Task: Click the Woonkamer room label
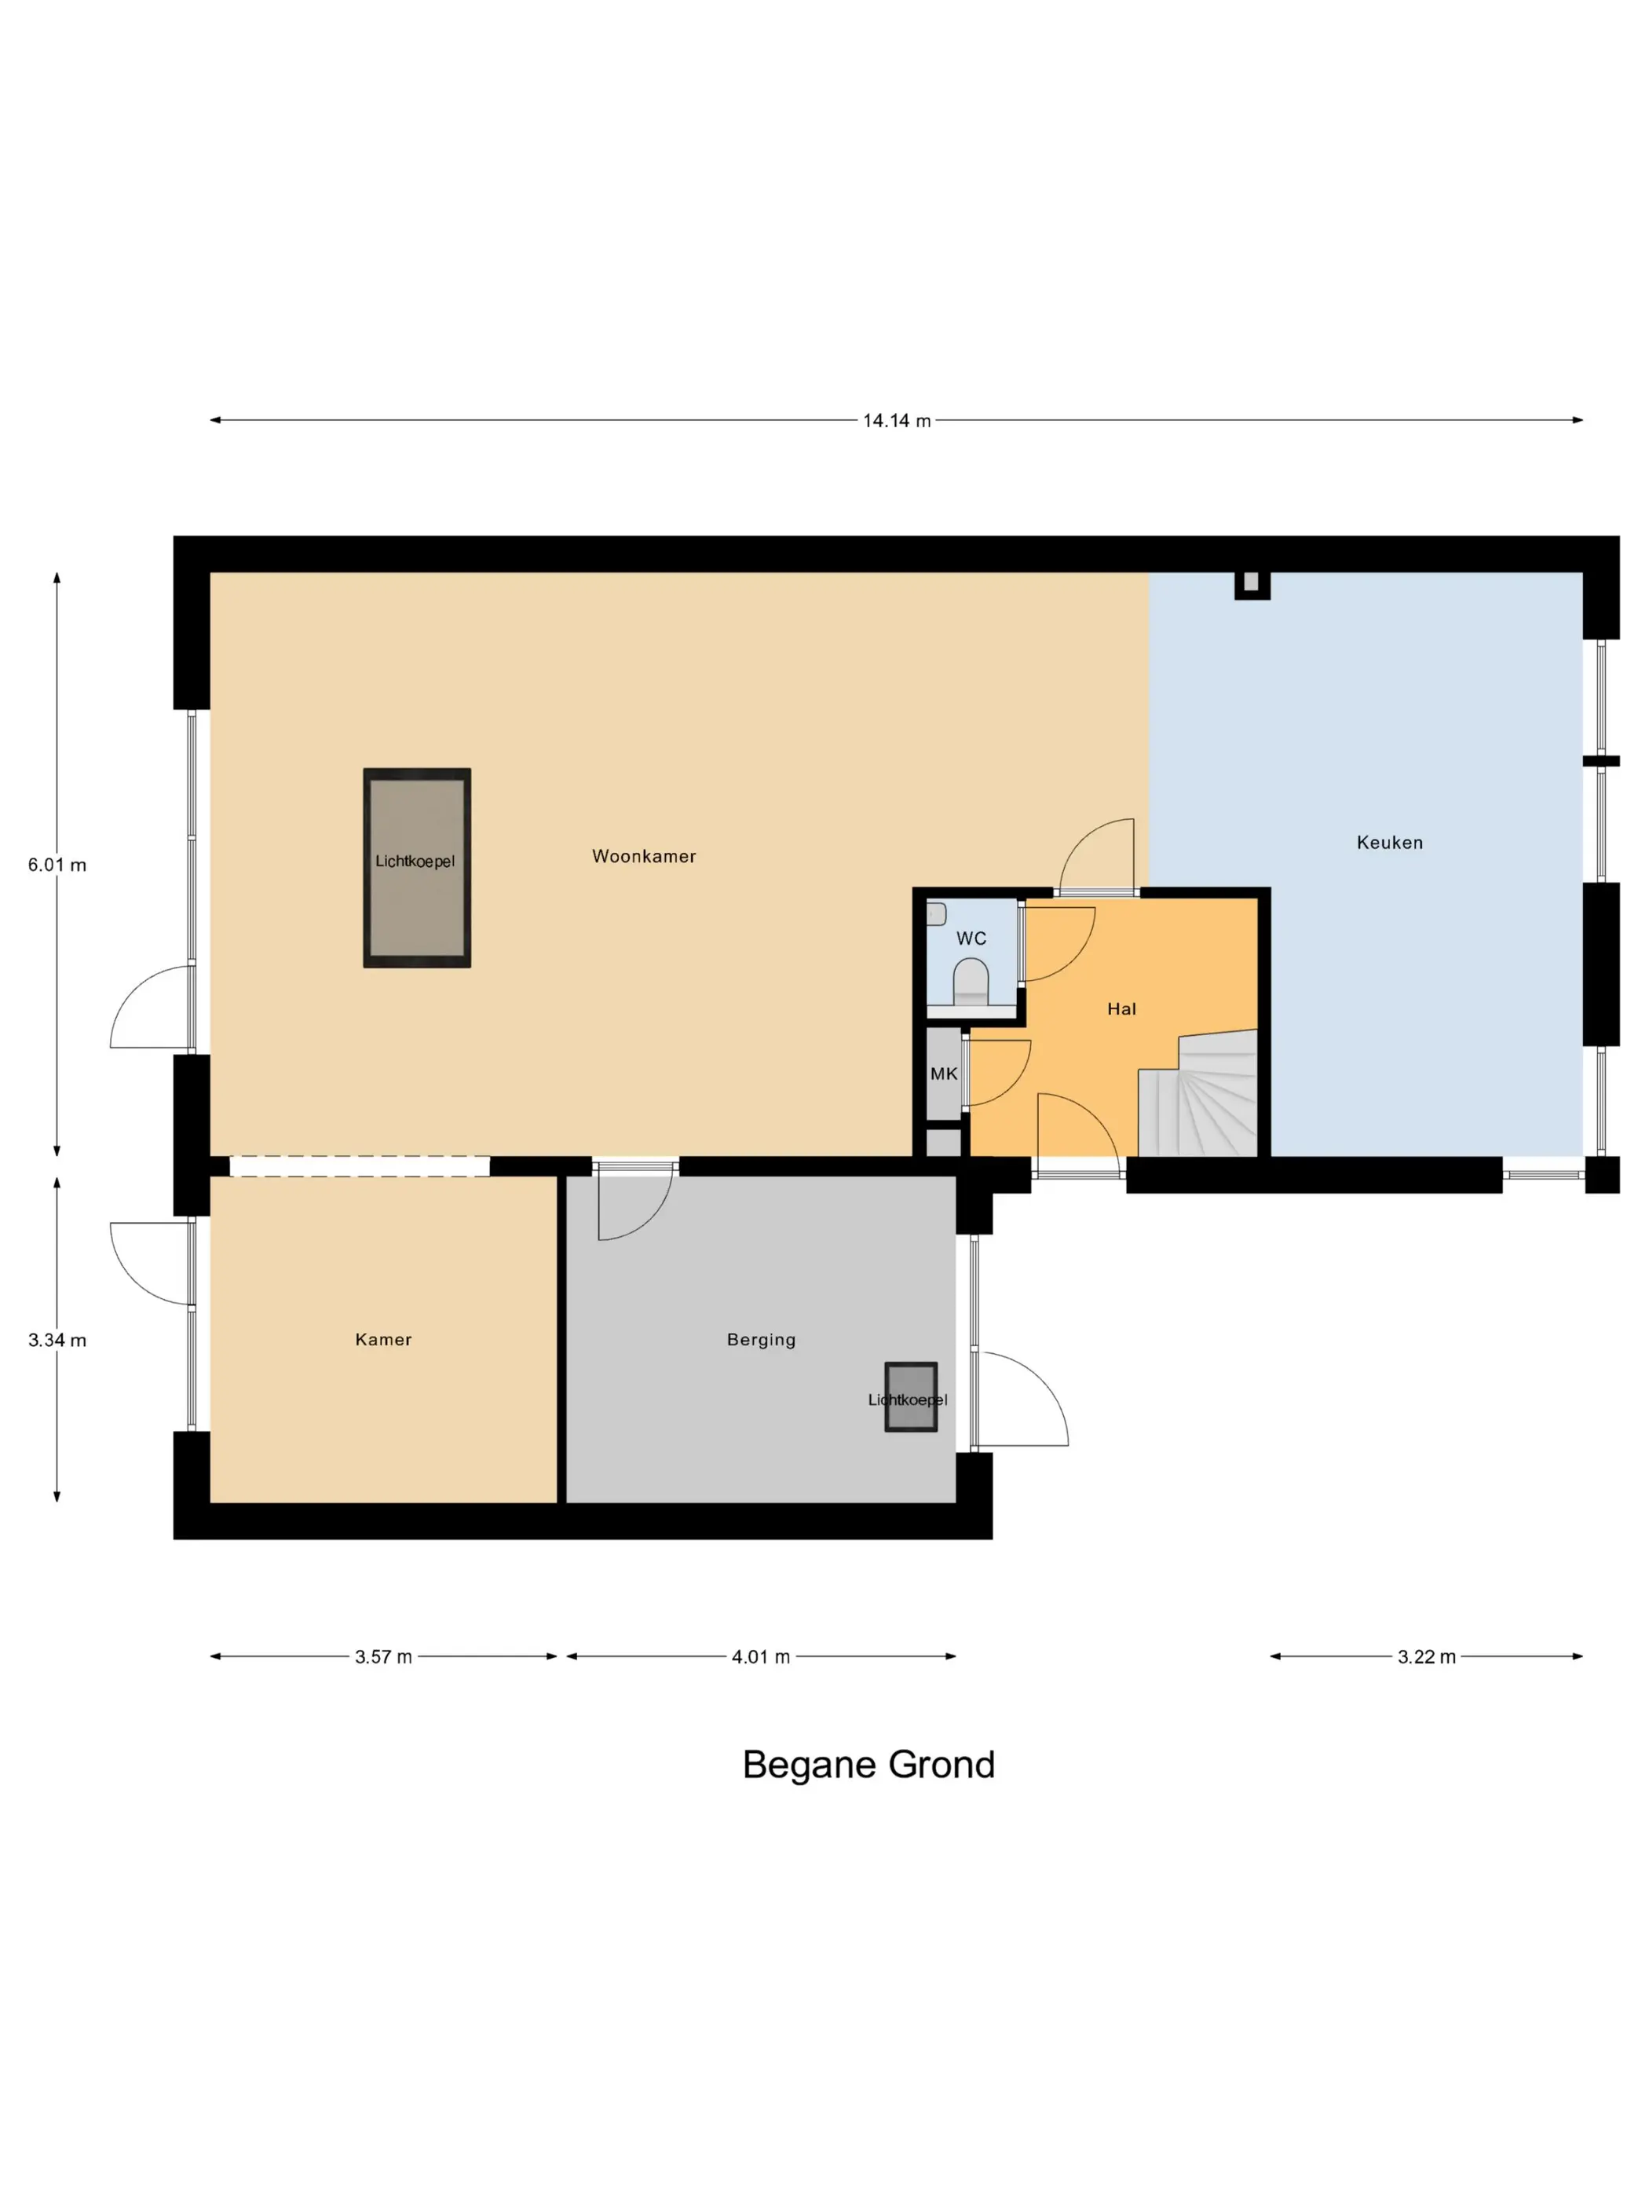pyautogui.click(x=644, y=856)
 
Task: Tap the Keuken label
pyautogui.click(x=1390, y=842)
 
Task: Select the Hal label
pyautogui.click(x=1121, y=1009)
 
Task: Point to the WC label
pyautogui.click(x=971, y=939)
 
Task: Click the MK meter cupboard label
pyautogui.click(x=943, y=1074)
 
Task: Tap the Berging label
pyautogui.click(x=762, y=1339)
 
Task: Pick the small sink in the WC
pyautogui.click(x=936, y=913)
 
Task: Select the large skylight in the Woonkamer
pyautogui.click(x=416, y=867)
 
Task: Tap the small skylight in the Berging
pyautogui.click(x=910, y=1396)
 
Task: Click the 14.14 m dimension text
pyautogui.click(x=897, y=420)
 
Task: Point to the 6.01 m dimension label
pyautogui.click(x=57, y=865)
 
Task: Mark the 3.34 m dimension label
pyautogui.click(x=57, y=1340)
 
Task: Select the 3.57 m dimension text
pyautogui.click(x=384, y=1656)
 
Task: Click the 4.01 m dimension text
pyautogui.click(x=762, y=1656)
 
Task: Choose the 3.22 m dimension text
pyautogui.click(x=1426, y=1656)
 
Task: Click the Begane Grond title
pyautogui.click(x=868, y=1765)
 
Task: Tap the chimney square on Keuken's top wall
pyautogui.click(x=1252, y=584)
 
